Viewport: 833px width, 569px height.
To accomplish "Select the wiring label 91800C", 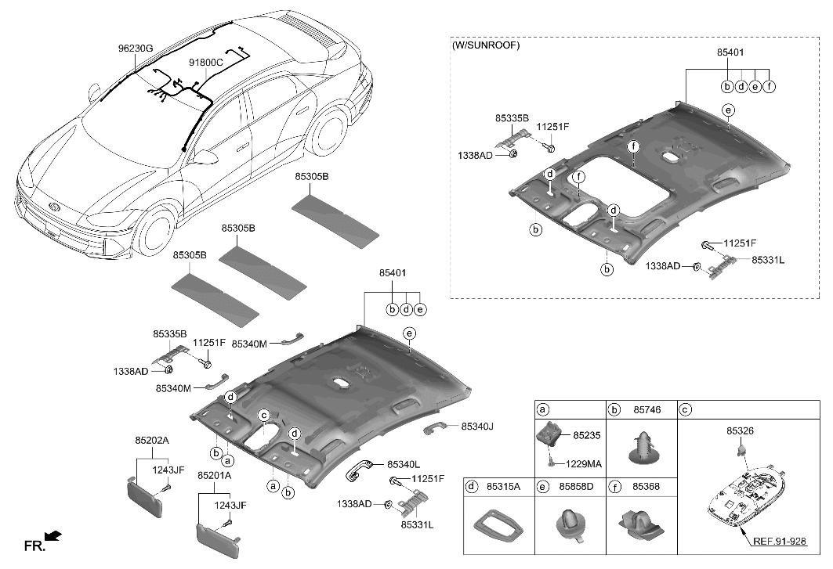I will pos(206,62).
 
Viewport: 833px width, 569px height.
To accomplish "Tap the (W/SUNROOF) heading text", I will pos(486,45).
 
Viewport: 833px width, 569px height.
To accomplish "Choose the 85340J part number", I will pos(479,427).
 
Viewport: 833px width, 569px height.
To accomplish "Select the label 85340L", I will pos(403,464).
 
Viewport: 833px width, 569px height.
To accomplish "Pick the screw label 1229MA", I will pos(584,464).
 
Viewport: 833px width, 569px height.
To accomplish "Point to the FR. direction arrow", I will pos(53,536).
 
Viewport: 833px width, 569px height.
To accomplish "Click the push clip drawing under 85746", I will pos(642,447).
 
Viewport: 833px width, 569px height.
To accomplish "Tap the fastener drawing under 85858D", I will pos(570,522).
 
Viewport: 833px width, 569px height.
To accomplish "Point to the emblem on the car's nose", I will pos(53,206).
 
